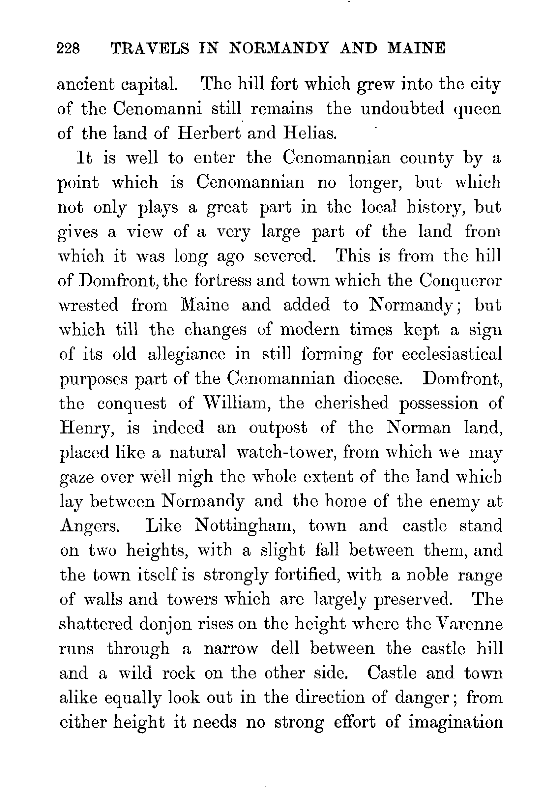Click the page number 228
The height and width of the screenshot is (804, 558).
point(69,48)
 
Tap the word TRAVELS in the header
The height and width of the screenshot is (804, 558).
point(150,48)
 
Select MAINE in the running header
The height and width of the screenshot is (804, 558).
point(416,48)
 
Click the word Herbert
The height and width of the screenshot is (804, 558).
point(209,133)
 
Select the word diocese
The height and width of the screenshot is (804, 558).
point(373,379)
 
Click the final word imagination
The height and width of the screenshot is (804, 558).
point(455,723)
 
